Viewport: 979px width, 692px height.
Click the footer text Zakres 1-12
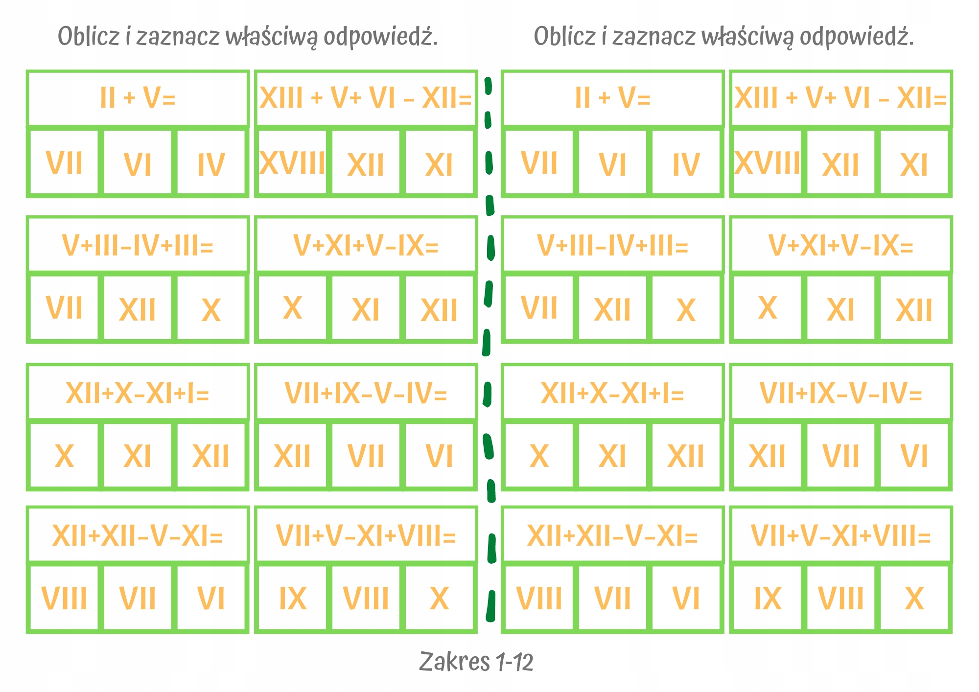coord(476,662)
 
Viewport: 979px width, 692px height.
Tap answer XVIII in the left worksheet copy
coord(292,163)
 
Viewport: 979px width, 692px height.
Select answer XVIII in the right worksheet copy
coord(767,163)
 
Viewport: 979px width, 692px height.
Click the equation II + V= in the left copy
coord(138,97)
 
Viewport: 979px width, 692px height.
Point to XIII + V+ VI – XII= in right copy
coord(840,97)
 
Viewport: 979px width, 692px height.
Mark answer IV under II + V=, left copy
coord(211,165)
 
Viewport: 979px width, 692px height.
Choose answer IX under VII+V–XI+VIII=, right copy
coord(768,599)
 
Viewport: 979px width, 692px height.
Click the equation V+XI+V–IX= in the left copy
coord(366,245)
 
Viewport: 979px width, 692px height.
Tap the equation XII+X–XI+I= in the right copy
coord(612,393)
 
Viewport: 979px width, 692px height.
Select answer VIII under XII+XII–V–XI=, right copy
coord(539,599)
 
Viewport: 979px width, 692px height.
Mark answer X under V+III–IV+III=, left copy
coord(211,310)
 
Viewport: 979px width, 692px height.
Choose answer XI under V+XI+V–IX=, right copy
coord(840,310)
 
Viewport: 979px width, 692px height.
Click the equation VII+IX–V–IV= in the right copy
coord(840,393)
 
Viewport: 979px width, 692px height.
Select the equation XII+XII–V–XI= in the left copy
coord(138,536)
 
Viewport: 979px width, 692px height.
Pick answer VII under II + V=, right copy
coord(539,163)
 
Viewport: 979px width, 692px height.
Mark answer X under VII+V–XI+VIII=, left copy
coord(439,599)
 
